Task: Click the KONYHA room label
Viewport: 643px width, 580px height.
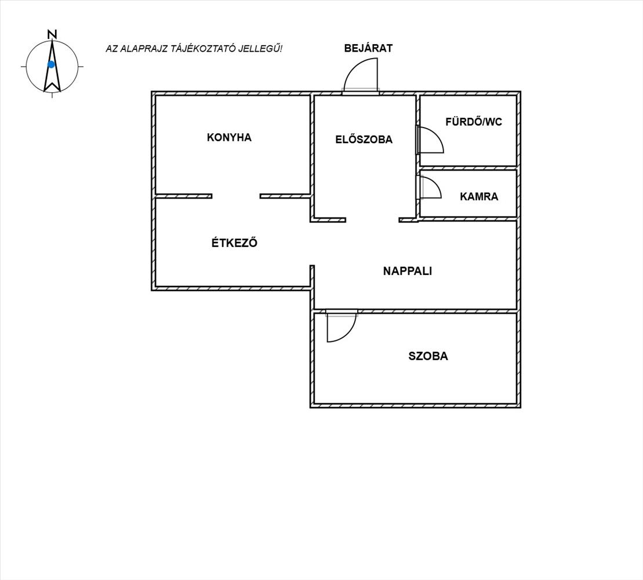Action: pyautogui.click(x=229, y=137)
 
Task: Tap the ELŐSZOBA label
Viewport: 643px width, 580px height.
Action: pyautogui.click(x=364, y=139)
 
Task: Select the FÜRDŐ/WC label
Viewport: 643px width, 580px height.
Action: pyautogui.click(x=474, y=122)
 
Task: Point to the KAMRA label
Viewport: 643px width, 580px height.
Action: pyautogui.click(x=479, y=197)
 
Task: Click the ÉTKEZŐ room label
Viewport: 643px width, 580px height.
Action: pyautogui.click(x=234, y=242)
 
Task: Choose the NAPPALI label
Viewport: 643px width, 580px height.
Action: pyautogui.click(x=408, y=271)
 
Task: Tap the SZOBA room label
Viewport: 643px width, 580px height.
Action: pyautogui.click(x=428, y=356)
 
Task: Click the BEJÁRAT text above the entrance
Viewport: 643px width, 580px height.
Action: pyautogui.click(x=368, y=48)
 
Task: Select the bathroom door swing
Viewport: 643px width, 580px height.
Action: pyautogui.click(x=437, y=133)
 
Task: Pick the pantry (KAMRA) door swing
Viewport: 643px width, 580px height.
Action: pyautogui.click(x=435, y=182)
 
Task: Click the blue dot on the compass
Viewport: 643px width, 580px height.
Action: pyautogui.click(x=51, y=64)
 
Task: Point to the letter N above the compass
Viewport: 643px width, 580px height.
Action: pyautogui.click(x=52, y=34)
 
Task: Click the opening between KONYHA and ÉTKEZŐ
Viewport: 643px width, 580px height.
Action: pyautogui.click(x=236, y=196)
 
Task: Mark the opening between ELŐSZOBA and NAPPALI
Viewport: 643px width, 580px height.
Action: pyautogui.click(x=372, y=220)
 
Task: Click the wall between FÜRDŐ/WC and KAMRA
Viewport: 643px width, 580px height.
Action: pyautogui.click(x=468, y=168)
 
